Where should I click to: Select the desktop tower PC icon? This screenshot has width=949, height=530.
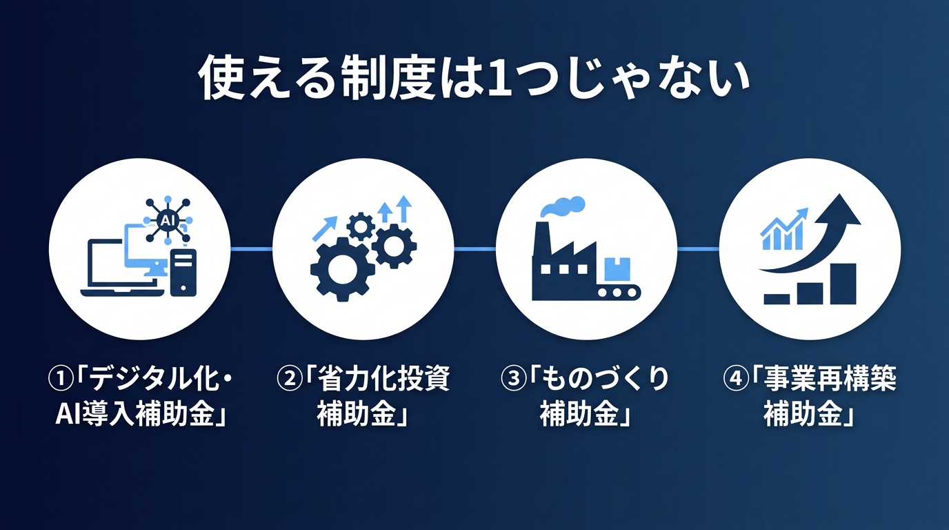(183, 273)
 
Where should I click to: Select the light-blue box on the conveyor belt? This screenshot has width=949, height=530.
(617, 267)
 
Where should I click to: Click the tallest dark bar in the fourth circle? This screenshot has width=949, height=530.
(843, 283)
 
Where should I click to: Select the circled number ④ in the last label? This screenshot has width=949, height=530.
(735, 380)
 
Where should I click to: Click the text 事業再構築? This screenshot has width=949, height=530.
(830, 380)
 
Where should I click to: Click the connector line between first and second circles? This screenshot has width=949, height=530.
(251, 249)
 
